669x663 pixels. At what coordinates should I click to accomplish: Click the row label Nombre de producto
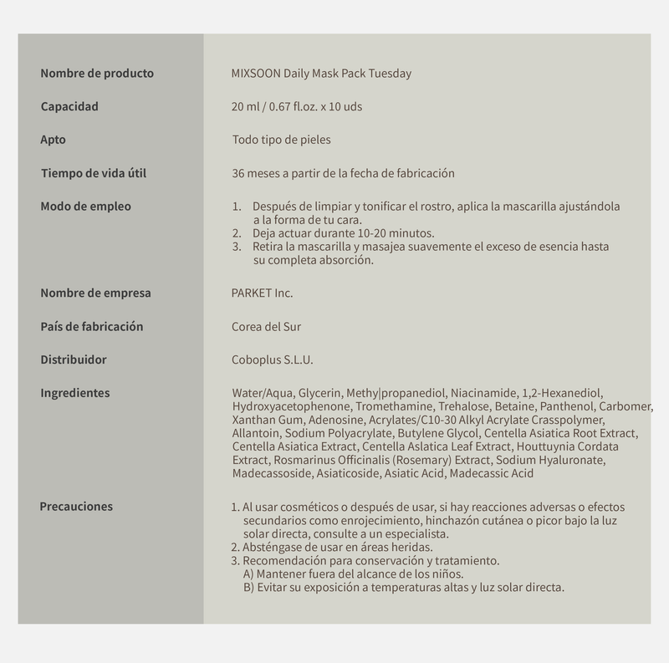coord(97,74)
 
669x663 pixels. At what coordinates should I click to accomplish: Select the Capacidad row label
coord(69,107)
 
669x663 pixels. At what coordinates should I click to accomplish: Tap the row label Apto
coord(53,140)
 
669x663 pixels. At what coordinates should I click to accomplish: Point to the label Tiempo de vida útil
coord(100,174)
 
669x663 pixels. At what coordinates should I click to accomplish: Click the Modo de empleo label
coord(85,207)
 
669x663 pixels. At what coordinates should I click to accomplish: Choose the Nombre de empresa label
coord(95,293)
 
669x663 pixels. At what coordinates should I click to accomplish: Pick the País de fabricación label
coord(92,326)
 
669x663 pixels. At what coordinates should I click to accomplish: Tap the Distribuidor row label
coord(74,360)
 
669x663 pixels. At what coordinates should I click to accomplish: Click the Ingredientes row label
coord(74,393)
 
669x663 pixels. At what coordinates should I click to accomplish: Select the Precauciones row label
coord(76,506)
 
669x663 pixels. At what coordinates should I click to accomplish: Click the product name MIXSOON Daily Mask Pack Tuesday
coord(321,74)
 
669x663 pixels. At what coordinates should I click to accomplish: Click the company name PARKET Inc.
coord(262,293)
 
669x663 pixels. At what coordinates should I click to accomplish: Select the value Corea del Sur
coord(266,327)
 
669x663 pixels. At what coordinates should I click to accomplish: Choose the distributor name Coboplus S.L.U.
coord(273,360)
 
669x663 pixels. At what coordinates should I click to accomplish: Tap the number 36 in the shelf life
coord(238,174)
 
